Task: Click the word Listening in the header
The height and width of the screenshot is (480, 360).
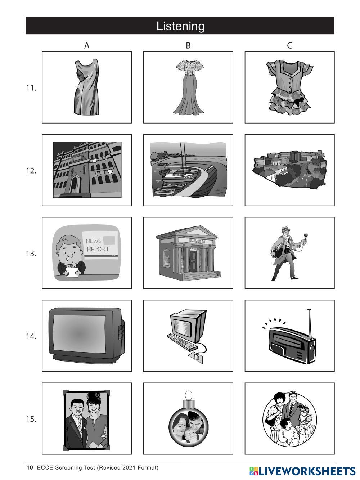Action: [x=180, y=26]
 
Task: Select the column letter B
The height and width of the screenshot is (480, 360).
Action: [x=188, y=45]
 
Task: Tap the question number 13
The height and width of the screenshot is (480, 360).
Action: [x=31, y=254]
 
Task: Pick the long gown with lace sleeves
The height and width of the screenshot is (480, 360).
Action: [x=188, y=87]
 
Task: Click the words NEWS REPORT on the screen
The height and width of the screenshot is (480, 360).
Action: [x=98, y=245]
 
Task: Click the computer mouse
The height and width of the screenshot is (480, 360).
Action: [x=195, y=356]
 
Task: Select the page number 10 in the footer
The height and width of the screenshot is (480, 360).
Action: [x=30, y=467]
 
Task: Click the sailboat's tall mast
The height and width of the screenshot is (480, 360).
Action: [x=181, y=156]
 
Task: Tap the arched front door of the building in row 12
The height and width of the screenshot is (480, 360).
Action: [x=75, y=184]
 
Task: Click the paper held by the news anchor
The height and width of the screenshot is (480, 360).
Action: [x=72, y=272]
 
